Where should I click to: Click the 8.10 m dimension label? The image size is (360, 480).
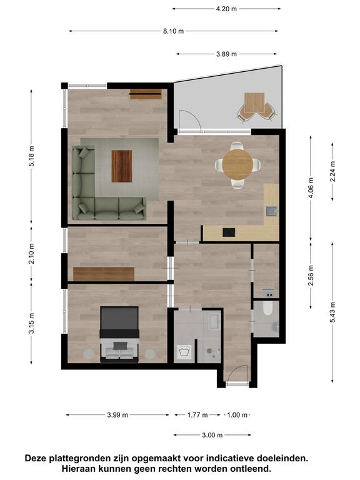point(173,31)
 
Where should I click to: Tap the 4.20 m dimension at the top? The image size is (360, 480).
point(226,9)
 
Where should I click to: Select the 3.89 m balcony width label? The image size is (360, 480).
point(226,54)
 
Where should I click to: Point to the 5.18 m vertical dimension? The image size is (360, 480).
point(31,156)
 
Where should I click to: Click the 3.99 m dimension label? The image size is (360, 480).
point(117,415)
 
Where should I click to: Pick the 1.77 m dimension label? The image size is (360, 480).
point(197,415)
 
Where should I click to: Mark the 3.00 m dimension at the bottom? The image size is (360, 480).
point(212,435)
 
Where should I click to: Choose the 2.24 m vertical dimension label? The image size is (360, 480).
point(332,171)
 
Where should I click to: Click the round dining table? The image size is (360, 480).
point(237,165)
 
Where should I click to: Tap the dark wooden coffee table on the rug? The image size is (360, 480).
point(121,166)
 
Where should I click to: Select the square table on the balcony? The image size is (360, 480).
point(254,103)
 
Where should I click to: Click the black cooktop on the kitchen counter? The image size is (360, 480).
point(229,232)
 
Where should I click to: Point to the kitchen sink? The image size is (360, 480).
point(271,211)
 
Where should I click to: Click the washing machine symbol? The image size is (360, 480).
point(184,352)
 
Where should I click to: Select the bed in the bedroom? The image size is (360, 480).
point(119,334)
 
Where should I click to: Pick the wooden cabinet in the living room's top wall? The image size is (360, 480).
point(145,94)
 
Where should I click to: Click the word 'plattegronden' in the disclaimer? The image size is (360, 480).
point(83,458)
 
